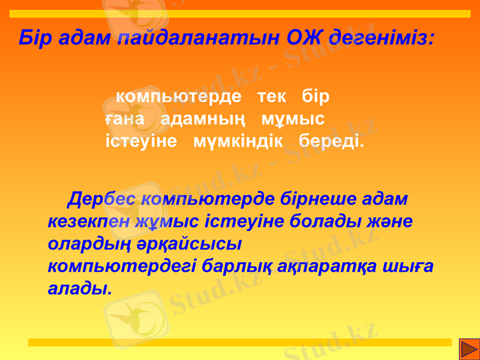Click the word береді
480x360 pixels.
331,142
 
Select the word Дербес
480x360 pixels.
104,199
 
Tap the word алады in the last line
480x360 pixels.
79,289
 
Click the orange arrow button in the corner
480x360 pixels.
469,348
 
